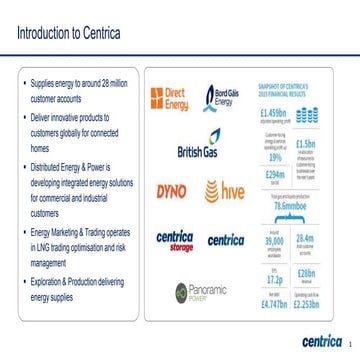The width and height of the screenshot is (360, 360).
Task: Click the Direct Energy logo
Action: (167, 97)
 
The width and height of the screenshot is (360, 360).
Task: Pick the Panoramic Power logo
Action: (196, 292)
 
